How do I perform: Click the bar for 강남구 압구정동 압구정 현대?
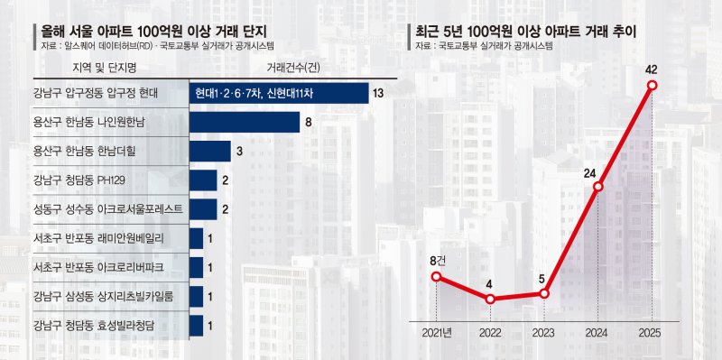[x=278, y=93]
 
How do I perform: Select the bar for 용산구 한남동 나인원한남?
[x=244, y=122]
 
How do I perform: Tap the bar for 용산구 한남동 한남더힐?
[x=209, y=151]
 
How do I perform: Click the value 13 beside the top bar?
[x=378, y=93]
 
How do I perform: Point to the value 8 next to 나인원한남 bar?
[x=309, y=122]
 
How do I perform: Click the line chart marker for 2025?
[x=653, y=87]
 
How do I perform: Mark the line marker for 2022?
[x=490, y=299]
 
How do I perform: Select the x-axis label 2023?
[x=544, y=333]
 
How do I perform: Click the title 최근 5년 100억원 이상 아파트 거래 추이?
[x=523, y=32]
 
